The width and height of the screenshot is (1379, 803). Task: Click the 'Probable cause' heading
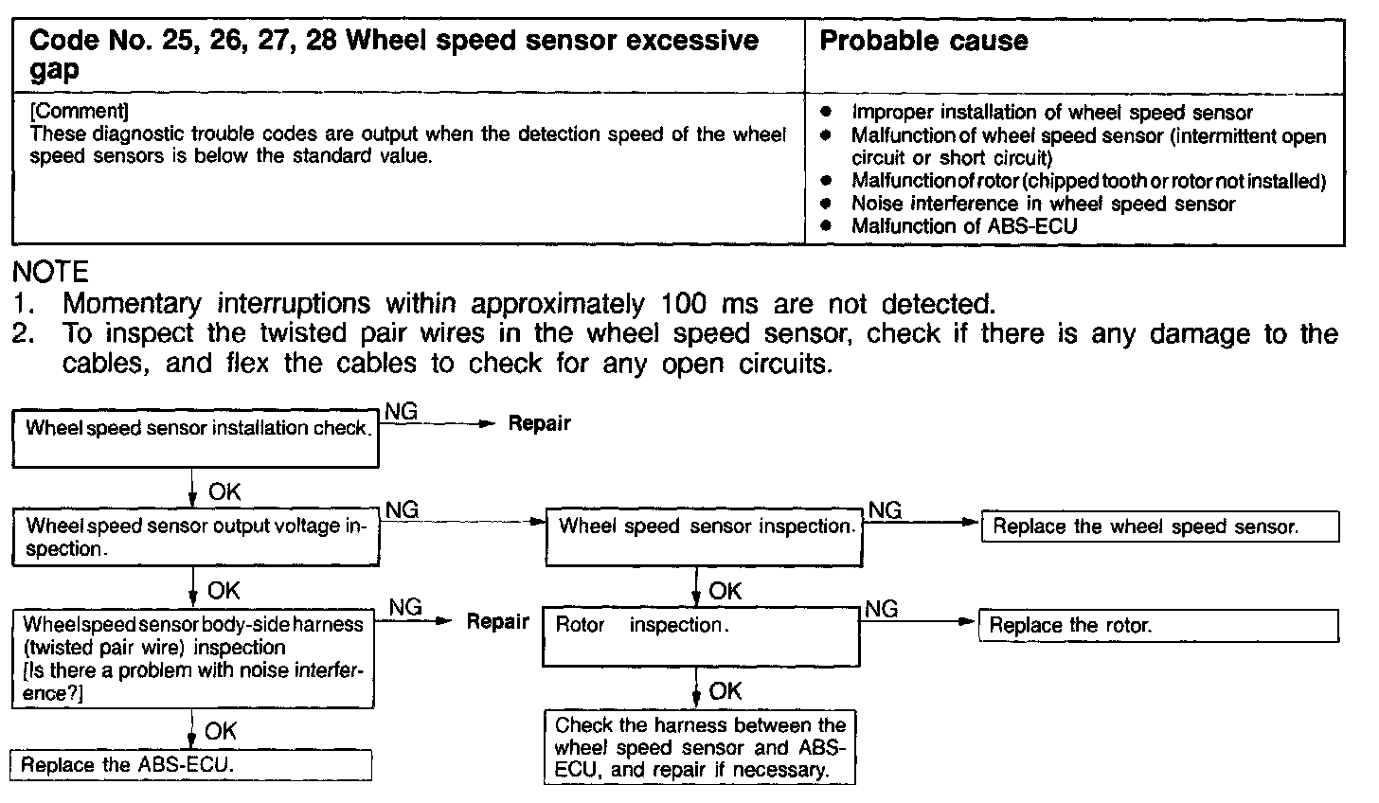coord(922,41)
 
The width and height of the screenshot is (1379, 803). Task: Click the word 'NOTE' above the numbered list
coord(50,274)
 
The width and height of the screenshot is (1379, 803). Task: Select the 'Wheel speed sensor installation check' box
coord(196,437)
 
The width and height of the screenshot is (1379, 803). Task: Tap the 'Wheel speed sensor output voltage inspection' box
coord(196,537)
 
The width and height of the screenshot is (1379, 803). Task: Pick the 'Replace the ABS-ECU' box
coord(190,765)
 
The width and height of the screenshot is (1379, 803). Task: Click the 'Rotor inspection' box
coord(701,635)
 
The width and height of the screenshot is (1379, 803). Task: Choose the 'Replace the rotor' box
coord(1158,625)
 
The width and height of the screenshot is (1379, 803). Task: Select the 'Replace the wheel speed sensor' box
coord(1161,526)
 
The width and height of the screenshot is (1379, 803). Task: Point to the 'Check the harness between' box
coord(700,747)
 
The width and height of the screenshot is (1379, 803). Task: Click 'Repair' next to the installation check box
coord(539,423)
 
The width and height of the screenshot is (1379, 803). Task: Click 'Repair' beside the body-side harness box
coord(497,622)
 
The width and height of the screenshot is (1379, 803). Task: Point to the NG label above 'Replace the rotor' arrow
coord(882,608)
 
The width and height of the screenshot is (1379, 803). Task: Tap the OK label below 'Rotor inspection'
coord(725,691)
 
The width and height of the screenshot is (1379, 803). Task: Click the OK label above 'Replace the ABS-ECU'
coord(221,731)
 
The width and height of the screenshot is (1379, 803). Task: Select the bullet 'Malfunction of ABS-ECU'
coord(964,226)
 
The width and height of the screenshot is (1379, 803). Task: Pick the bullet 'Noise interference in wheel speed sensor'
coord(1043,204)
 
